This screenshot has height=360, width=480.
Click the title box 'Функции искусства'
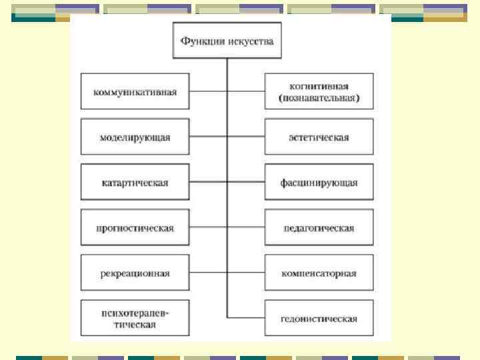(227, 41)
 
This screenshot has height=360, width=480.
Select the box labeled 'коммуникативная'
(135, 91)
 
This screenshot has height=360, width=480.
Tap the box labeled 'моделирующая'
(135, 137)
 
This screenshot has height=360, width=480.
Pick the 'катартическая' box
(135, 182)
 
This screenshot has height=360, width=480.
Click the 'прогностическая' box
(135, 228)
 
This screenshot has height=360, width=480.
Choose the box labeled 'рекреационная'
(135, 273)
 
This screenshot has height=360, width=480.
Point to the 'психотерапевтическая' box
(135, 318)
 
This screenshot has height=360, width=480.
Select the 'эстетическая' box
(319, 137)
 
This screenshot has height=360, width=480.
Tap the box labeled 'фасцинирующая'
(319, 182)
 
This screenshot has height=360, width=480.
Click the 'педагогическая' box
(319, 228)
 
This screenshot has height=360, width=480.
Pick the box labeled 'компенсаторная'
(319, 273)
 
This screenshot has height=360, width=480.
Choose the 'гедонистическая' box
(319, 318)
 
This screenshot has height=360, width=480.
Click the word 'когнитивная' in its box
(319, 86)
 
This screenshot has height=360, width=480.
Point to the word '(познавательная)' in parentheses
(319, 98)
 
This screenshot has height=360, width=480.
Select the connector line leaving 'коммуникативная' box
(207, 91)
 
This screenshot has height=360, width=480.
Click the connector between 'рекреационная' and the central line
(207, 273)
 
